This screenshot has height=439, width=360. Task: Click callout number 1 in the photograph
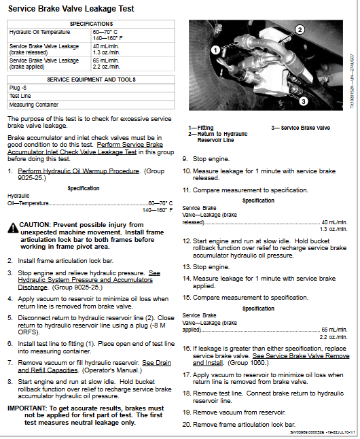coord(215,50)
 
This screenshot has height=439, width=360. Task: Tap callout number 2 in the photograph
coord(299,29)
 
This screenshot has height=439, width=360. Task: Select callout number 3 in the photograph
coord(303,101)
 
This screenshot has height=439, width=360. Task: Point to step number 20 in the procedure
coord(187,424)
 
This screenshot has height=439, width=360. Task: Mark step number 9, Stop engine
coord(185,158)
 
